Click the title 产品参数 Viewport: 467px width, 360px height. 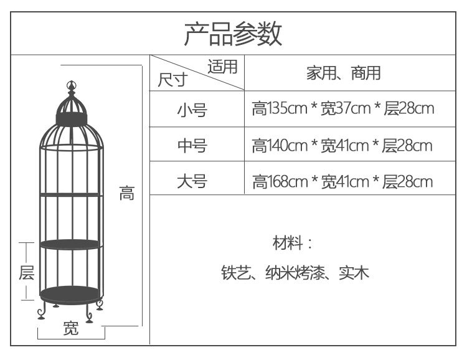point(233,34)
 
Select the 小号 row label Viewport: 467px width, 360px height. point(191,110)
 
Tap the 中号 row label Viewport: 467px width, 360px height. point(191,146)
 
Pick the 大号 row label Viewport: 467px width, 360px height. point(191,181)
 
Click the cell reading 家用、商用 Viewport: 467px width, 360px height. point(343,73)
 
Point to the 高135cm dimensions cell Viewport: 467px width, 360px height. point(342,110)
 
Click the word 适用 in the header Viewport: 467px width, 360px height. point(223,67)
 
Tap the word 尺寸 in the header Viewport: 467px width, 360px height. point(172,81)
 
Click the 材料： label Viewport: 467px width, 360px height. point(292,242)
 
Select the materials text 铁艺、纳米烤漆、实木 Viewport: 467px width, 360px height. point(295,273)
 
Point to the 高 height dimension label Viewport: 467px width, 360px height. point(126,194)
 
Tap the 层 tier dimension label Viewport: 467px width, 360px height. point(26,272)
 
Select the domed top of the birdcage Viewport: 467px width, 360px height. point(70,106)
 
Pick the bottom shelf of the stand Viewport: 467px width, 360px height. point(70,293)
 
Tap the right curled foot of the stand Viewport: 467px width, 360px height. point(98,307)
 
